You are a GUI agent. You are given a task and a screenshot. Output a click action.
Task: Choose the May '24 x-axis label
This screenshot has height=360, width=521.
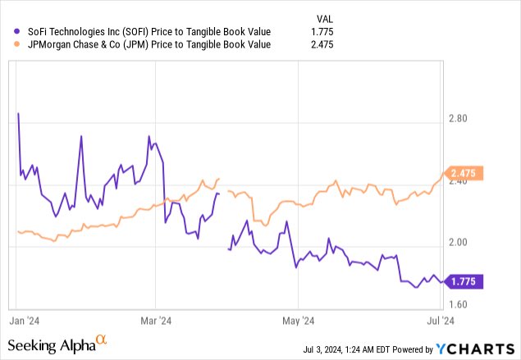(298, 320)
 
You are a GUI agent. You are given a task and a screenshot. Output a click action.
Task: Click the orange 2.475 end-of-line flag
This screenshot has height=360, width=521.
(468, 173)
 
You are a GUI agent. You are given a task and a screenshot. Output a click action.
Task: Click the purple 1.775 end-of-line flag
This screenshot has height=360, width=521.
(468, 281)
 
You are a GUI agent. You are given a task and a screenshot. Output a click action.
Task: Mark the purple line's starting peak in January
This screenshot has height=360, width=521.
(18, 113)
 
